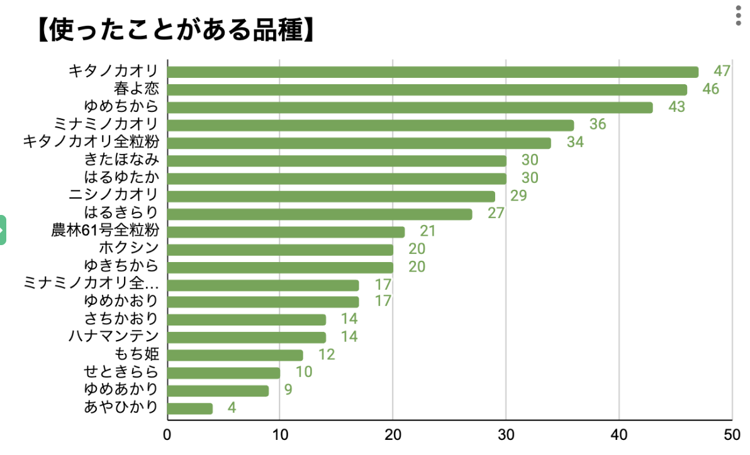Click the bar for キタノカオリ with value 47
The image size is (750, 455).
coord(433,72)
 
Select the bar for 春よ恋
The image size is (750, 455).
coord(427,89)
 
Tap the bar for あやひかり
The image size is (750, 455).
coord(190,408)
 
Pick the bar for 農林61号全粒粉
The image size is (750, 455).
coord(286,232)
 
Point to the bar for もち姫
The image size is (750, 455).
coord(235,355)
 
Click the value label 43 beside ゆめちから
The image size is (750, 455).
coord(676,107)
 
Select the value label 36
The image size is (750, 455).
coord(598,124)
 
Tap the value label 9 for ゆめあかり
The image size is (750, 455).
coord(288,390)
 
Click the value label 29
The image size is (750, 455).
coord(518,196)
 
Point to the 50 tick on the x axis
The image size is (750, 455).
coord(731,434)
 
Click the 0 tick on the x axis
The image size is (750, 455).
coord(167,434)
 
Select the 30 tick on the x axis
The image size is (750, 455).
coord(506,434)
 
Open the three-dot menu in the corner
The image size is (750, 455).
coord(739,16)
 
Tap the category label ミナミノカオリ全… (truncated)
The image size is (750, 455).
coord(91,283)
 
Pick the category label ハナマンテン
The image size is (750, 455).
coord(113,336)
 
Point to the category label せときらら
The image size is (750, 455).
coord(121,371)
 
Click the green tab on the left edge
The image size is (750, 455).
coord(3,230)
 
